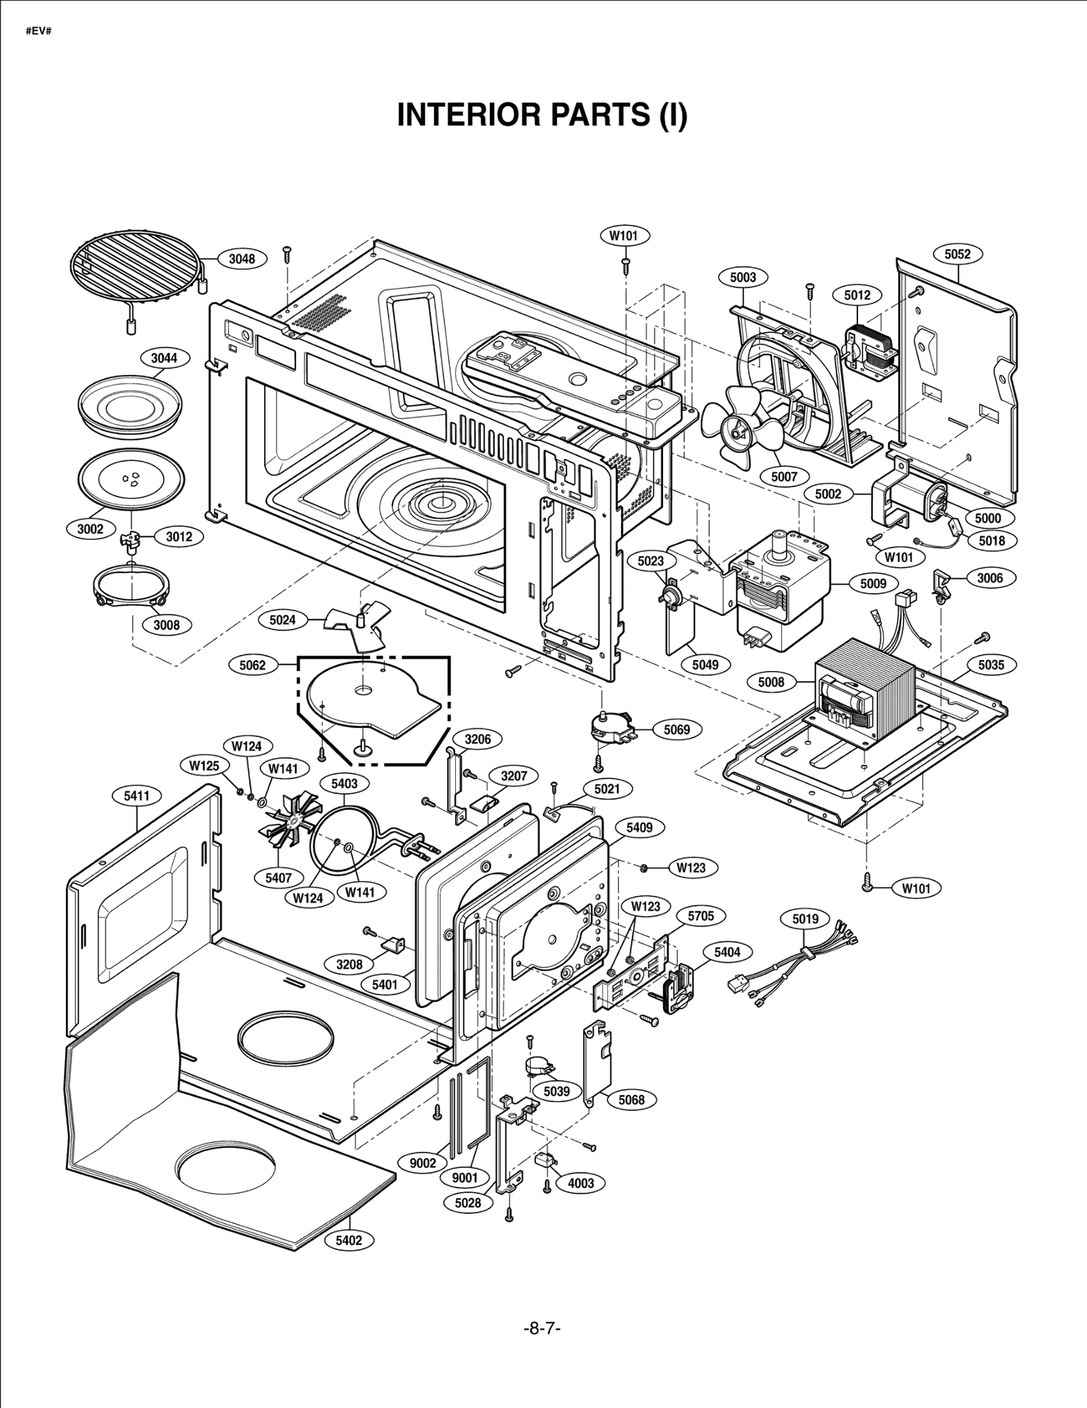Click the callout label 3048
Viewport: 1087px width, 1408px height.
[x=242, y=258]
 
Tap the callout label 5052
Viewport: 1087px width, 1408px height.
[x=957, y=254]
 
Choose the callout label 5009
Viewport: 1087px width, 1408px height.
[x=873, y=583]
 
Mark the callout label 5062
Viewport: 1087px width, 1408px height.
[x=252, y=665]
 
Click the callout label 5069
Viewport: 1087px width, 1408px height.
[x=676, y=729]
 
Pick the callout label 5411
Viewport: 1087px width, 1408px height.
[x=137, y=795]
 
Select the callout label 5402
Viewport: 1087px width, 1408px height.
[x=349, y=1240]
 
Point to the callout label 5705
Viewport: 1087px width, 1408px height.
[x=700, y=916]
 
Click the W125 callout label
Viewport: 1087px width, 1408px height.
[x=204, y=765]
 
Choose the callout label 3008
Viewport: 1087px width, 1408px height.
[x=166, y=625]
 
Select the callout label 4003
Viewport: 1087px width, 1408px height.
[x=581, y=1183]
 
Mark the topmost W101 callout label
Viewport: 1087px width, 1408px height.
[x=624, y=236]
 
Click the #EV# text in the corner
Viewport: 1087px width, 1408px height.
[x=39, y=32]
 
